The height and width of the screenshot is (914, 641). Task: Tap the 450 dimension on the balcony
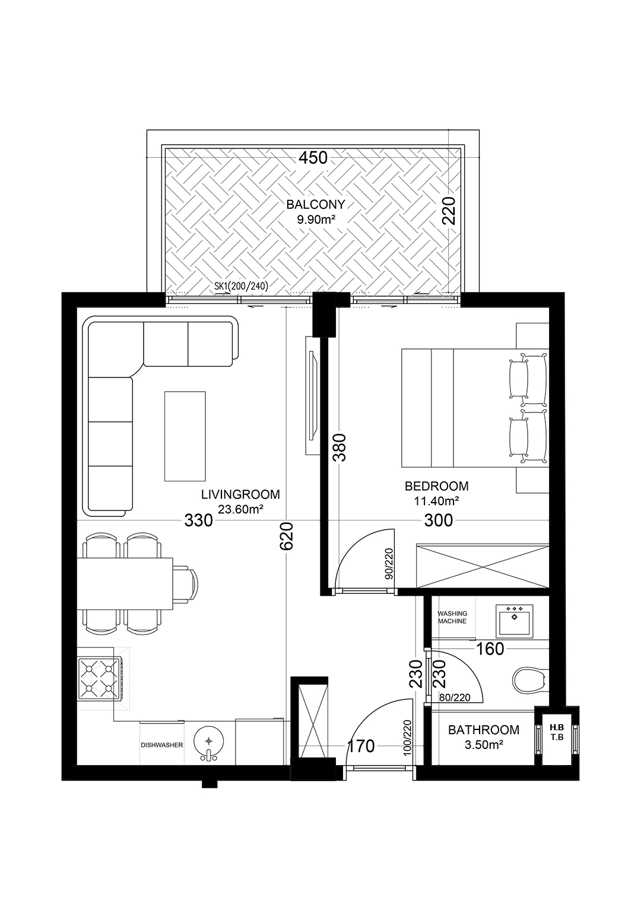coord(313,157)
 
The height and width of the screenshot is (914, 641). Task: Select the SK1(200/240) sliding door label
coord(241,287)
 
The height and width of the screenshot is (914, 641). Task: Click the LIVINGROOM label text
coord(241,494)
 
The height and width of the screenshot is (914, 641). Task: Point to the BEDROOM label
coord(437,486)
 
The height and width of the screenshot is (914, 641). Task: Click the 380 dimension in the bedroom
coord(339,448)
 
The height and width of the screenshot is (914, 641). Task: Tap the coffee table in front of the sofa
coord(185,436)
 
